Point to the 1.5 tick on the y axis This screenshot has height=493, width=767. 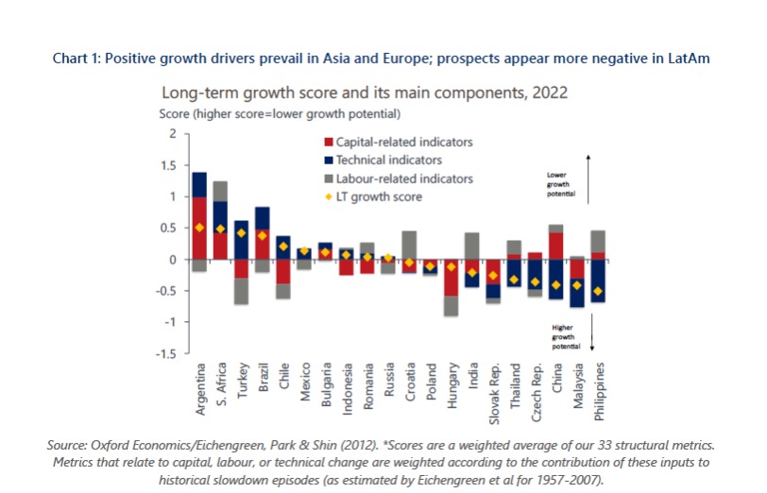(171, 165)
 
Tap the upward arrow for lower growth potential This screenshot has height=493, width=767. (588, 172)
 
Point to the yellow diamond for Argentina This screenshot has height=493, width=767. (199, 228)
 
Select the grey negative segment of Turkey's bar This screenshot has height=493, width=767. (243, 291)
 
